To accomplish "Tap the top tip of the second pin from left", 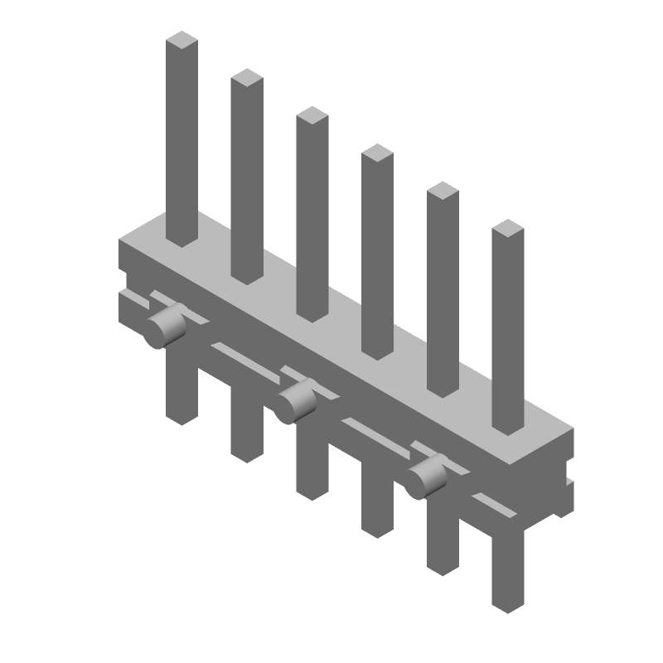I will (247, 78).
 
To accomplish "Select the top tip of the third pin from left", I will (312, 116).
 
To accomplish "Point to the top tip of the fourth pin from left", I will (377, 153).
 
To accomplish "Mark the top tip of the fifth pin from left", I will (443, 191).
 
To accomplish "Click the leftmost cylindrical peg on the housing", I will (162, 327).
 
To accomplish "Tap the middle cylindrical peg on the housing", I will (295, 403).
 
